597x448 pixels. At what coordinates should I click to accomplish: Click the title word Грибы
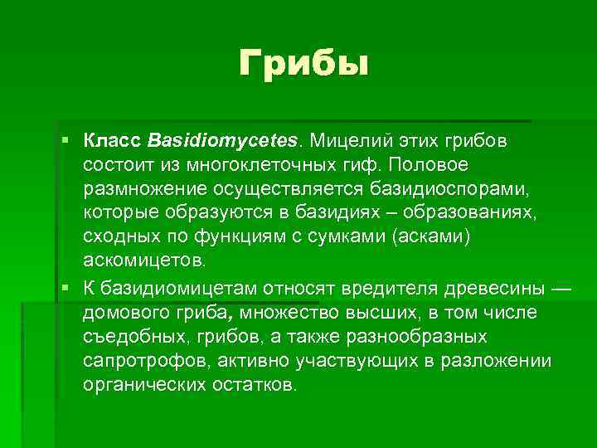(302, 63)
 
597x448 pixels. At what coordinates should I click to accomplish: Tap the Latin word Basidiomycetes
(226, 140)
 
